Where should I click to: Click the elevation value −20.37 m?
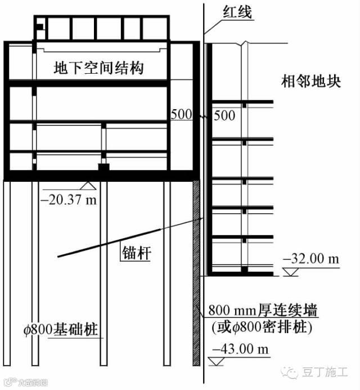point(67,201)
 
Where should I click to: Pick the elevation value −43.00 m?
point(238,349)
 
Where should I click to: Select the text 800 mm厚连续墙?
point(263,310)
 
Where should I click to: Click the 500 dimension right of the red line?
point(224,115)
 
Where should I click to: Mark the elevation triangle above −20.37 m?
point(86,185)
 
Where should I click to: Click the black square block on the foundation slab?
point(103,168)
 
